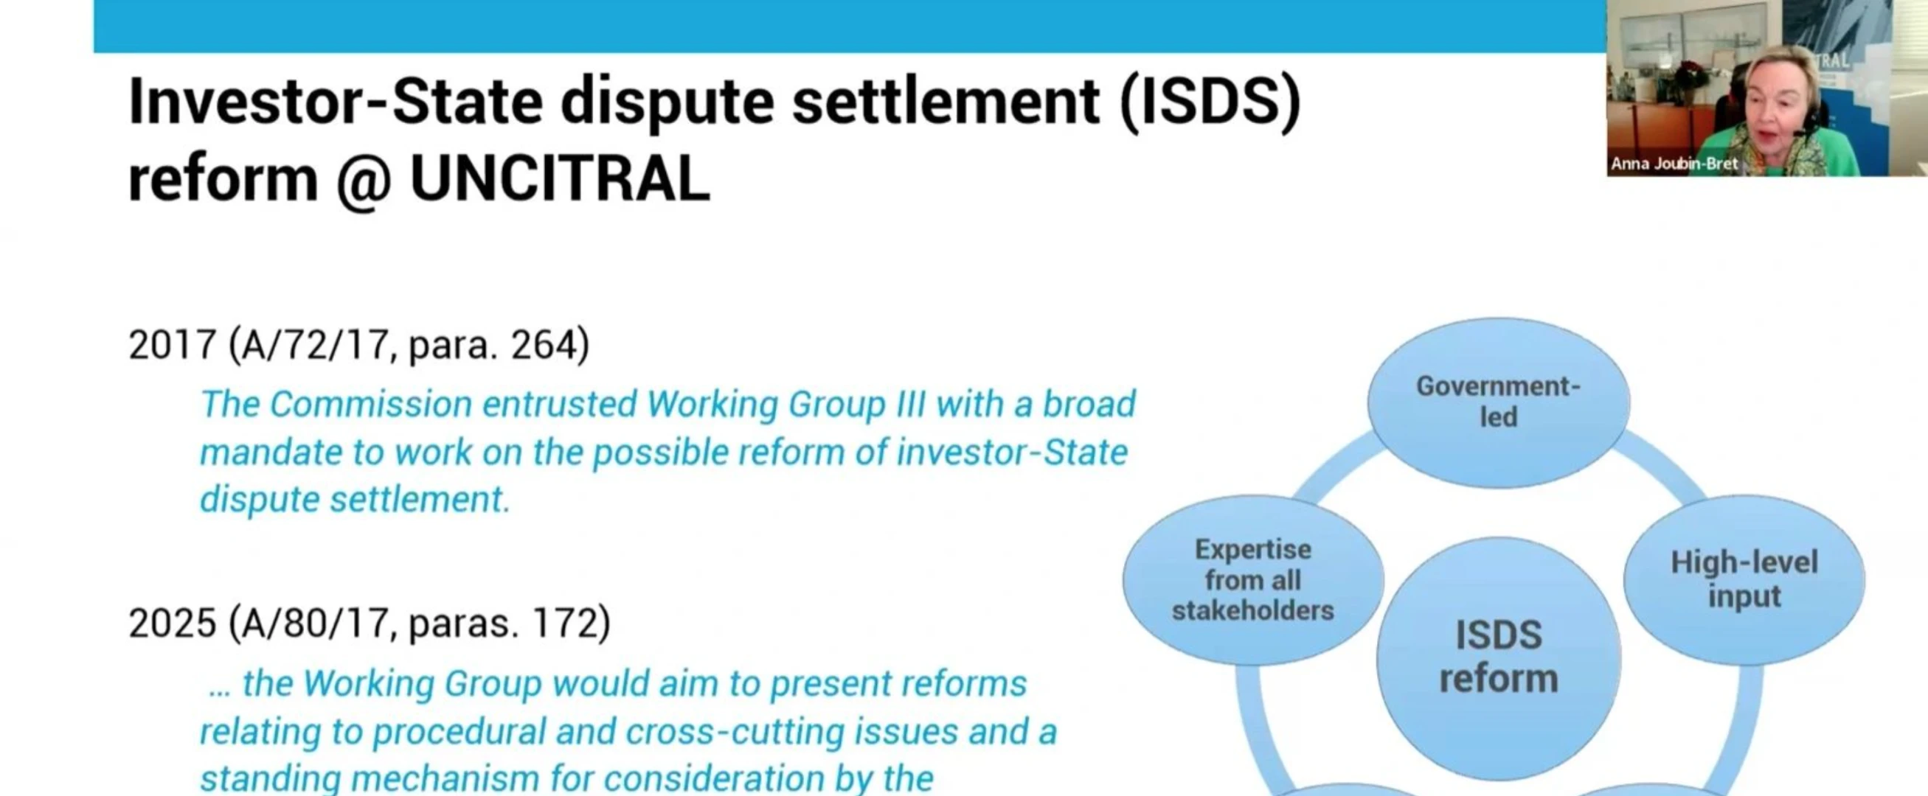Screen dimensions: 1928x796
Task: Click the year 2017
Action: pyautogui.click(x=172, y=345)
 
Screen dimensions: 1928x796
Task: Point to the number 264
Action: pyautogui.click(x=544, y=345)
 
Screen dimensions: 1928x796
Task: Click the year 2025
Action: pyautogui.click(x=172, y=624)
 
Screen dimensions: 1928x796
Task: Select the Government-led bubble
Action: pyautogui.click(x=1499, y=402)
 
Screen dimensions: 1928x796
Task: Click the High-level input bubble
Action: pyautogui.click(x=1744, y=579)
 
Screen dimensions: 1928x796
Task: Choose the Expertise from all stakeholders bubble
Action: pyautogui.click(x=1253, y=580)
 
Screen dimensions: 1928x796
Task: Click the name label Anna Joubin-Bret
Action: pyautogui.click(x=1674, y=164)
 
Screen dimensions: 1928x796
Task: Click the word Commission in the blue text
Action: pyautogui.click(x=371, y=404)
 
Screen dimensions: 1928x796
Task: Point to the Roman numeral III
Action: pyautogui.click(x=911, y=404)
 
